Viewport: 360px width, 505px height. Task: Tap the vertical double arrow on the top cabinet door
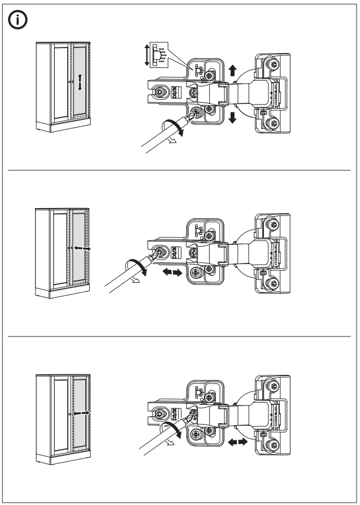80,82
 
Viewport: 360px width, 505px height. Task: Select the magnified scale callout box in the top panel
160,54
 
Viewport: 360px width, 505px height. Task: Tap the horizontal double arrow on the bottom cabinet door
81,413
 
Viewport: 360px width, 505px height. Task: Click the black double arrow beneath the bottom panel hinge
238,443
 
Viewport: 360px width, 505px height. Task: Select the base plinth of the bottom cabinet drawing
63,457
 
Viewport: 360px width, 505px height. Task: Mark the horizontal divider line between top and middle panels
180,169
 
